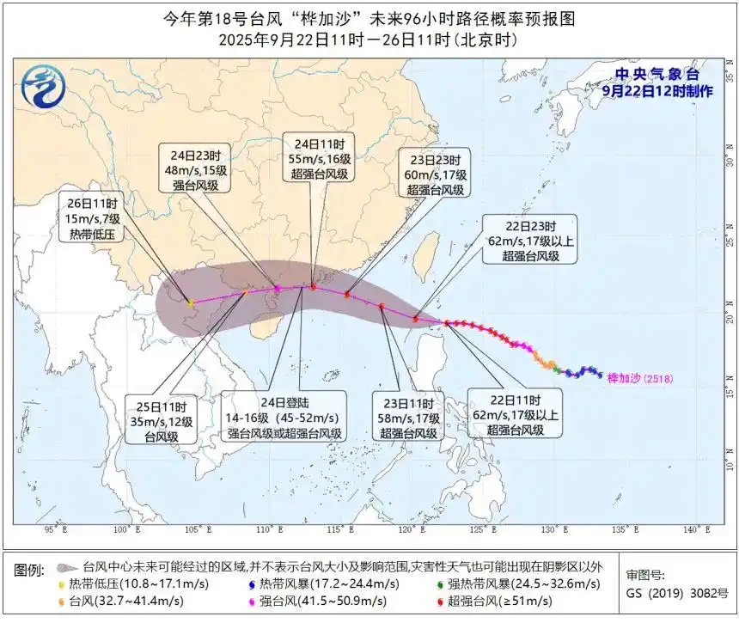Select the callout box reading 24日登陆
click(x=284, y=416)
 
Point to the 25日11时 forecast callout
click(x=162, y=420)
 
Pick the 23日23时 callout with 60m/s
click(x=434, y=175)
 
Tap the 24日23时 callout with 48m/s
click(x=196, y=169)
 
